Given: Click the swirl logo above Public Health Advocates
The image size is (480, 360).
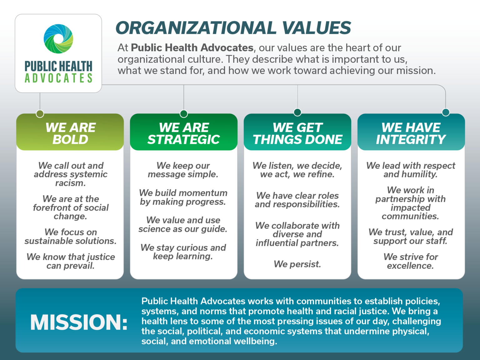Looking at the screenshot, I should coord(58,39).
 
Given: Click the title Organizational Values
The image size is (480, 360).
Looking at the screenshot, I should coord(233,28).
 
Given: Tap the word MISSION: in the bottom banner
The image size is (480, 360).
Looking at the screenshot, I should coord(79,322).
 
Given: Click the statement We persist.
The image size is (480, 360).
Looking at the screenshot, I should coord(297,264).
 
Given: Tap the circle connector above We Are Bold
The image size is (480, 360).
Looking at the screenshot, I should coord(40,113).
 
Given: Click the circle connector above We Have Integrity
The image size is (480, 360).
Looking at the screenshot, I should coord(446,112).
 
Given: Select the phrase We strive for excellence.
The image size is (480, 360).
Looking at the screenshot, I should coord(411,261).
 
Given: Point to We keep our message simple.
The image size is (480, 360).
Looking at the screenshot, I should coord(183,170).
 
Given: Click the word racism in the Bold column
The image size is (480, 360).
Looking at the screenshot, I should coord(70,183).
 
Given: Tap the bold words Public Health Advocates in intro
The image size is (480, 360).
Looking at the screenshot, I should coord(192,48).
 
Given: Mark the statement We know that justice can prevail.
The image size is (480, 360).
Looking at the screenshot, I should coord(71,261).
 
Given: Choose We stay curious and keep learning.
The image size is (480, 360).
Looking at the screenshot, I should coord(183,252).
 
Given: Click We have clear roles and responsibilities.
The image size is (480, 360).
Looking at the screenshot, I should coord(297,200).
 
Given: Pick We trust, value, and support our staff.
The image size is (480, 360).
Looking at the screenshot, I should coord(411,237).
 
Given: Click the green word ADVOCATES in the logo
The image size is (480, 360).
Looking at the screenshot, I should coord(58,78).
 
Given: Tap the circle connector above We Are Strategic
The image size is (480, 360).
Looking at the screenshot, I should coord(184,113).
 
